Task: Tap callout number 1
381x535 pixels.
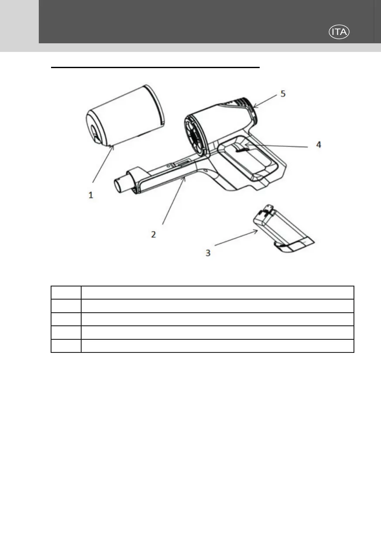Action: (91, 196)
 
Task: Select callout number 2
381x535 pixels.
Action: (153, 235)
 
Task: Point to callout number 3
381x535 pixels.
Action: (208, 253)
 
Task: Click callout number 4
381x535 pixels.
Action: (319, 145)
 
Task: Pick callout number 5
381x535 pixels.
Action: (283, 94)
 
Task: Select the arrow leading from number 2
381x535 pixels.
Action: (174, 201)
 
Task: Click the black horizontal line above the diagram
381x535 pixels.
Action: (155, 68)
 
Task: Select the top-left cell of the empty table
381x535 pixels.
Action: (66, 293)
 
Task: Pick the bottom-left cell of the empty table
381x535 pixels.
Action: (66, 346)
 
